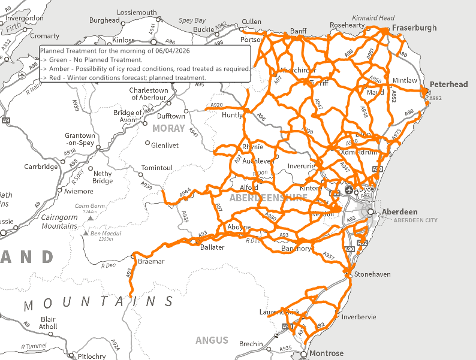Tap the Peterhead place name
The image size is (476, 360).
448,84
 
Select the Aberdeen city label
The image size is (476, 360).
399,212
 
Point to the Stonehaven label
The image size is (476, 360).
373,274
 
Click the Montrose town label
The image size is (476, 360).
326,353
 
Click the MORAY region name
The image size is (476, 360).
168,128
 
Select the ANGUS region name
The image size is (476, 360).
212,340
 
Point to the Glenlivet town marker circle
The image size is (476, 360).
147,143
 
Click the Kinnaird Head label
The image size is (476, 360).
373,18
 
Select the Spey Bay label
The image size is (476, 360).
192,21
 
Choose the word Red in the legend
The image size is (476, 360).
56,78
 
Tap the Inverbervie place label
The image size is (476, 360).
359,317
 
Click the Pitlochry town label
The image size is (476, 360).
92,356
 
